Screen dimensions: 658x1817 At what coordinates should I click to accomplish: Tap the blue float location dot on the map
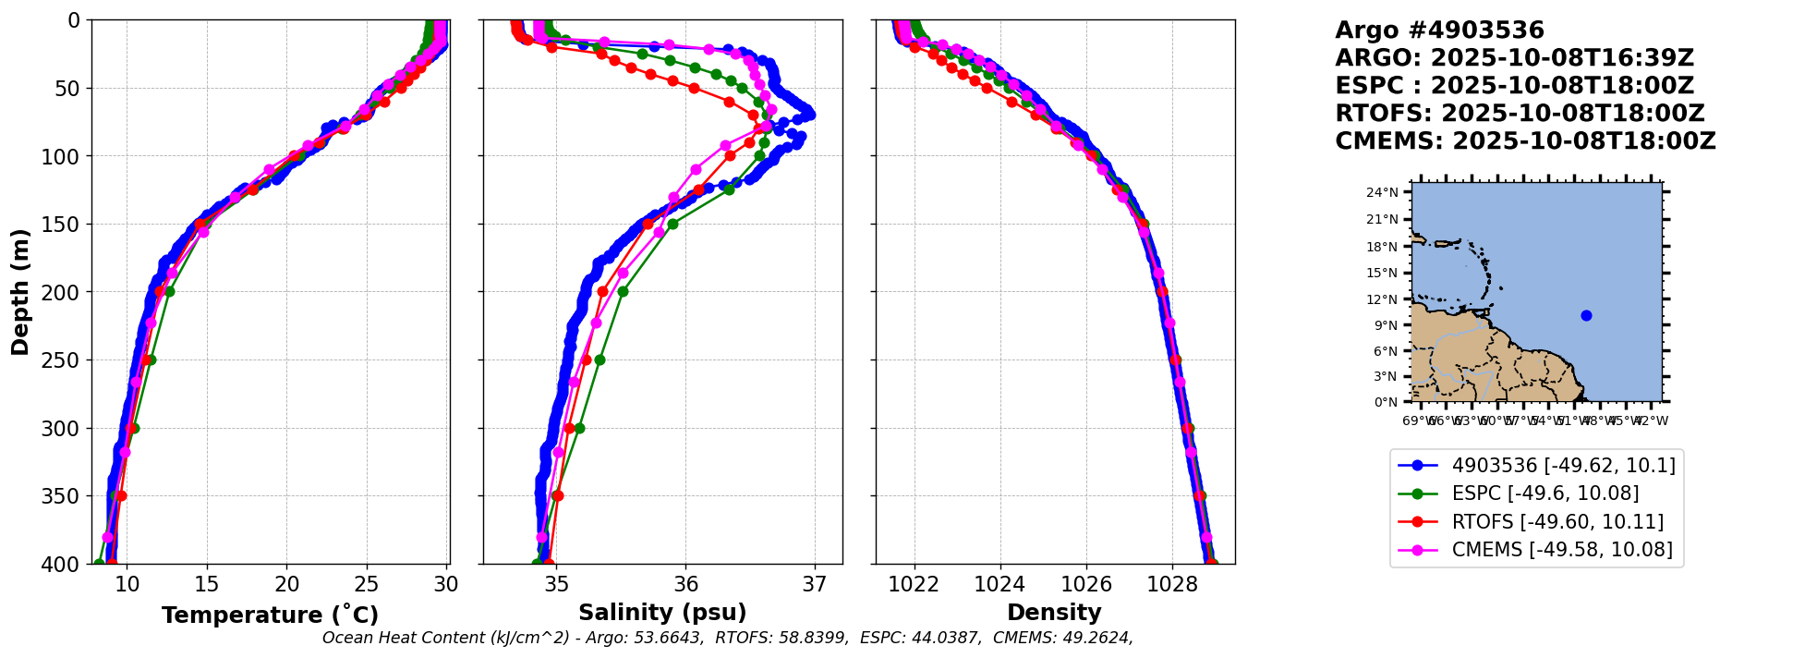pyautogui.click(x=1586, y=315)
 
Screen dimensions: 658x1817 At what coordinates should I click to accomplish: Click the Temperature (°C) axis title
pyautogui.click(x=270, y=615)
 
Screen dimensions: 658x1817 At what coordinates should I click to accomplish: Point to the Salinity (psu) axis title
pyautogui.click(x=662, y=613)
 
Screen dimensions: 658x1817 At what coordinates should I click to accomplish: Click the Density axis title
pyautogui.click(x=1054, y=613)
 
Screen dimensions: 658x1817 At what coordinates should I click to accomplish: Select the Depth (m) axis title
pyautogui.click(x=20, y=292)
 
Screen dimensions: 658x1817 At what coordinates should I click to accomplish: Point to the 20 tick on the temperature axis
pyautogui.click(x=287, y=585)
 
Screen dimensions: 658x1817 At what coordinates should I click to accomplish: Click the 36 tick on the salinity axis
pyautogui.click(x=685, y=585)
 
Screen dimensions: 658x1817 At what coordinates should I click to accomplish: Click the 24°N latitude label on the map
pyautogui.click(x=1382, y=193)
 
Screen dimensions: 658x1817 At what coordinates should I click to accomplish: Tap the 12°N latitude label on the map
pyautogui.click(x=1382, y=299)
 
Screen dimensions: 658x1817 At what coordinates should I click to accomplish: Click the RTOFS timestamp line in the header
pyautogui.click(x=1520, y=114)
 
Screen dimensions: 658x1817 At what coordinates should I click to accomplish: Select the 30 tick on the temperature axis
pyautogui.click(x=447, y=585)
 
